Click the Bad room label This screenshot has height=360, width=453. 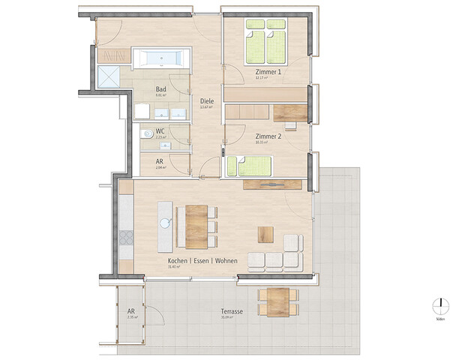(160, 88)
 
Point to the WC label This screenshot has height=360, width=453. (160, 130)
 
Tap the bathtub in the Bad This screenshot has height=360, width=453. (161, 58)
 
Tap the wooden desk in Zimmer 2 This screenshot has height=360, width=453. (290, 112)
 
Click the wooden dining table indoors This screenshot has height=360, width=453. (196, 226)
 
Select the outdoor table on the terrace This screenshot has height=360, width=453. (278, 301)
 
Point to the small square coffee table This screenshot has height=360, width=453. (266, 234)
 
